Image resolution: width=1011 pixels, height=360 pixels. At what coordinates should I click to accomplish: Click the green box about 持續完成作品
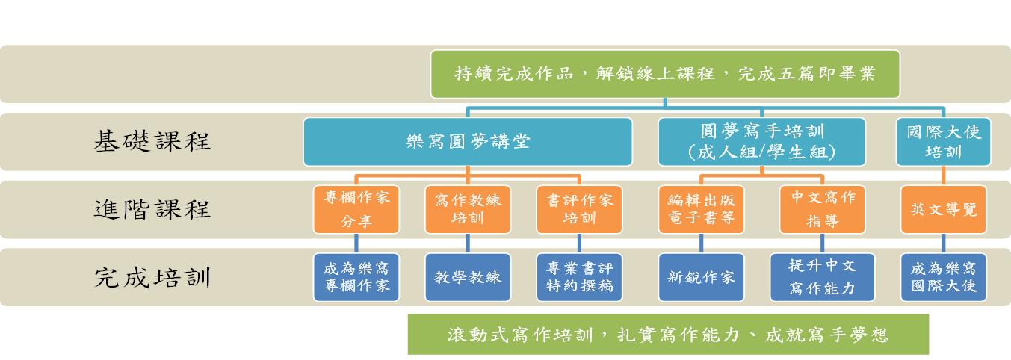665,74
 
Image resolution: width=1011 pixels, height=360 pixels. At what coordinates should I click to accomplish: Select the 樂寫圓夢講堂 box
468,141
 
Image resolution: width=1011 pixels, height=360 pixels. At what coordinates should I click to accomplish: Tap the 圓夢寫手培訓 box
761,141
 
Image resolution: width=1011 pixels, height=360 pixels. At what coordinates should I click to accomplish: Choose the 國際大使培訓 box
943,141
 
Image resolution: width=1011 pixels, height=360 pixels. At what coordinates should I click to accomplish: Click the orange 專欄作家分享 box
356,209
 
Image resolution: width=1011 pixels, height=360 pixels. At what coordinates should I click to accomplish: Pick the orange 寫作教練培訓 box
468,209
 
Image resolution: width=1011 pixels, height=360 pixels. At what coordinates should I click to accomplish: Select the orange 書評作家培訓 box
580,209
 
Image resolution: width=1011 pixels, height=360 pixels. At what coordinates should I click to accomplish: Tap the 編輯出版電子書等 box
701,209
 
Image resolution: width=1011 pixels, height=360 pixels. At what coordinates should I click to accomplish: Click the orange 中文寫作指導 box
822,209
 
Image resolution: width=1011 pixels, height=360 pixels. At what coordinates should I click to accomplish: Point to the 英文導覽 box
943,209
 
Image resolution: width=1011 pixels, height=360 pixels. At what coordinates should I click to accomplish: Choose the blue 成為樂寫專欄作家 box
356,277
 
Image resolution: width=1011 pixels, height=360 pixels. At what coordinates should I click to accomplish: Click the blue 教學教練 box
468,277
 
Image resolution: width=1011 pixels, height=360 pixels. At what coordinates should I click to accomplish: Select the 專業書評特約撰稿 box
580,277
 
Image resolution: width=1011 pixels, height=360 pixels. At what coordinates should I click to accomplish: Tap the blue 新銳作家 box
701,277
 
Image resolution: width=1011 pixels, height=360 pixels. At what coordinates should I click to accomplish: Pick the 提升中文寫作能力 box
822,277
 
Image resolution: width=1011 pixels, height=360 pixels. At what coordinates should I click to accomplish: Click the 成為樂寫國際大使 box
943,277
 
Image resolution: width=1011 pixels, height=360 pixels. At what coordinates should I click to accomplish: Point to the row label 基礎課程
152,141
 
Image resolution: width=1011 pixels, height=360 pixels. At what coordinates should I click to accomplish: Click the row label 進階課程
152,209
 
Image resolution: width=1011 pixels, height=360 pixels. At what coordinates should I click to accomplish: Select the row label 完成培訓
152,277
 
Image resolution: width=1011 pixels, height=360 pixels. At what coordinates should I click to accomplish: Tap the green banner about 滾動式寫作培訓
668,334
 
